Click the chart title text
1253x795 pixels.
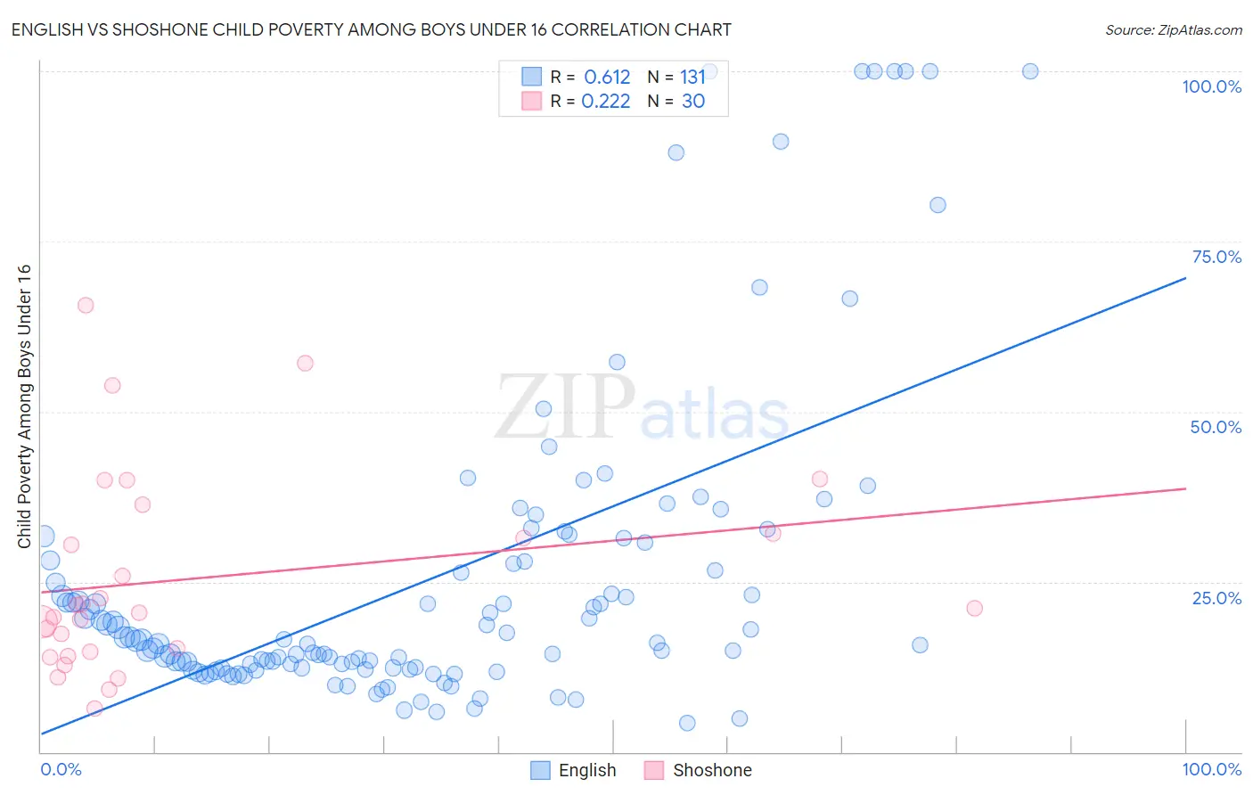tap(371, 29)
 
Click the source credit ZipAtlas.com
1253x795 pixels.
tap(1173, 29)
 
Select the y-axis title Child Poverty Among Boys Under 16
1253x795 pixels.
tap(24, 406)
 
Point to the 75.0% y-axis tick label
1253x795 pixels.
tap(1216, 257)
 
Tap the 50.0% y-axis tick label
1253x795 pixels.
tap(1216, 427)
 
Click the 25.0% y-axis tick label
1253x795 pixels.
tap(1216, 598)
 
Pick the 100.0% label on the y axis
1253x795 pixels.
tap(1211, 86)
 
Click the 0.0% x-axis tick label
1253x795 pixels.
tap(61, 769)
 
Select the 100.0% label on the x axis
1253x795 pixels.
tap(1211, 769)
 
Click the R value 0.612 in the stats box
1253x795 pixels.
tap(607, 78)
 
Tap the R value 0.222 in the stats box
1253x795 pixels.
tap(605, 102)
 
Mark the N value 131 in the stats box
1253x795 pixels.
tap(692, 78)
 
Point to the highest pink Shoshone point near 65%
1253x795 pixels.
tap(86, 305)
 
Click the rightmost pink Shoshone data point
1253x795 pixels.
tap(974, 608)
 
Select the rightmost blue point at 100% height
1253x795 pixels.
tap(1030, 71)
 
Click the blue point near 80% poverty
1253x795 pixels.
tap(938, 205)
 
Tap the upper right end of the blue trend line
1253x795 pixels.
tap(1185, 278)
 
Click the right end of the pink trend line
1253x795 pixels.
tap(1185, 488)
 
